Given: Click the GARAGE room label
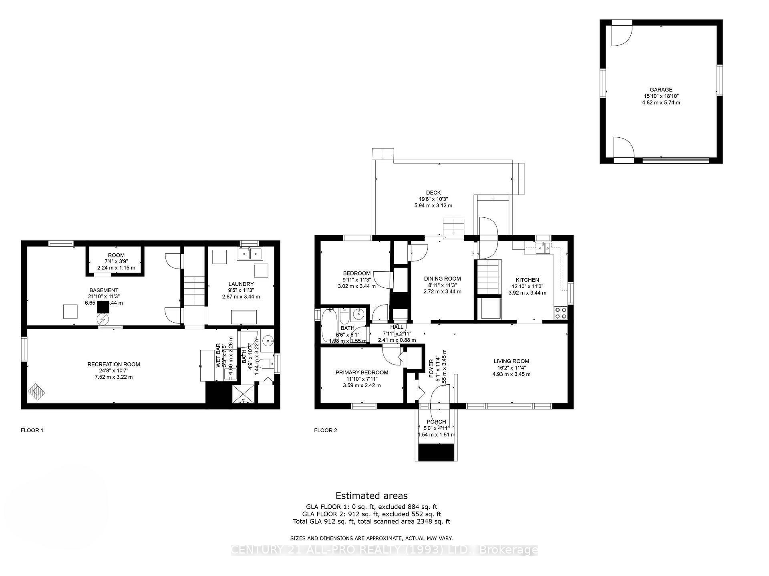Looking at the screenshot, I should (661, 90).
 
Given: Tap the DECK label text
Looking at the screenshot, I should (433, 193).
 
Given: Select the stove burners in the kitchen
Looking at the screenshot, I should (561, 313).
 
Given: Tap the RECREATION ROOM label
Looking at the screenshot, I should (114, 364).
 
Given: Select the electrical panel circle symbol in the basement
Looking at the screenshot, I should (103, 319).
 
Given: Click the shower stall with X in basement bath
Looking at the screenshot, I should (243, 394).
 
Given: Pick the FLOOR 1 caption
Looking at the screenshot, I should (32, 430).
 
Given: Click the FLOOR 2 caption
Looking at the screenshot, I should (325, 430).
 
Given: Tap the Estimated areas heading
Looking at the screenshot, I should (371, 496).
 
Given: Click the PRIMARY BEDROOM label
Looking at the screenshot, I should (362, 372).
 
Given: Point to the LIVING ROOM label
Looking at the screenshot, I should (511, 361).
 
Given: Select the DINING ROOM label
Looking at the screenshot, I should (442, 279).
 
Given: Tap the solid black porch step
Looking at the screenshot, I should (436, 452).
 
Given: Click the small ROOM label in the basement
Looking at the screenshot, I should (116, 255).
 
